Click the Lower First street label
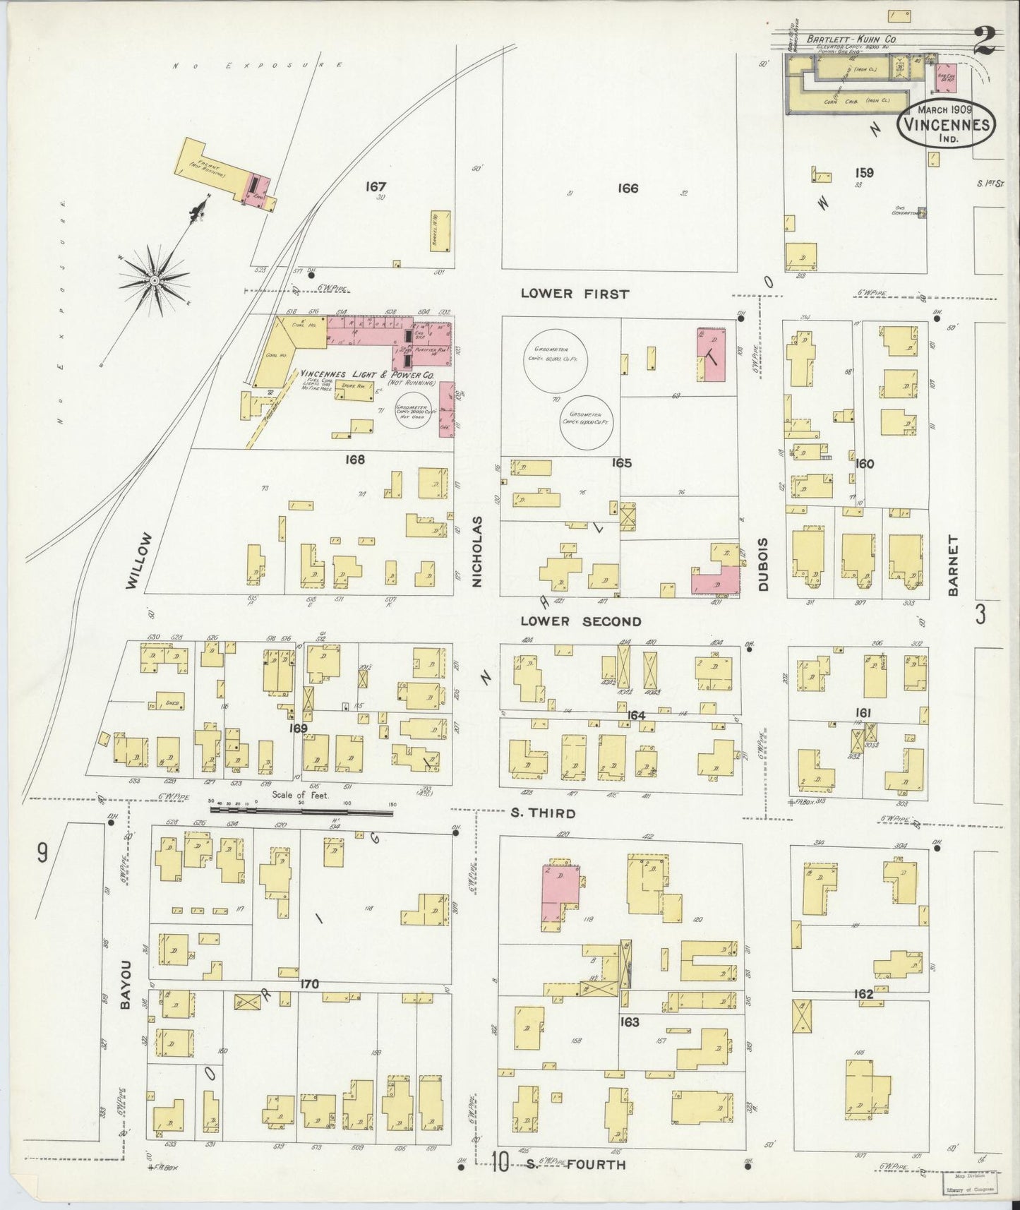coord(574,293)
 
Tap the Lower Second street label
coord(581,621)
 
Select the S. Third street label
coord(542,813)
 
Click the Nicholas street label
coord(477,551)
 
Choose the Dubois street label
coord(764,565)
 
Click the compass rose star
coord(155,280)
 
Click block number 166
coord(627,188)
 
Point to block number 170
coord(309,984)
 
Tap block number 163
coord(629,1022)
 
